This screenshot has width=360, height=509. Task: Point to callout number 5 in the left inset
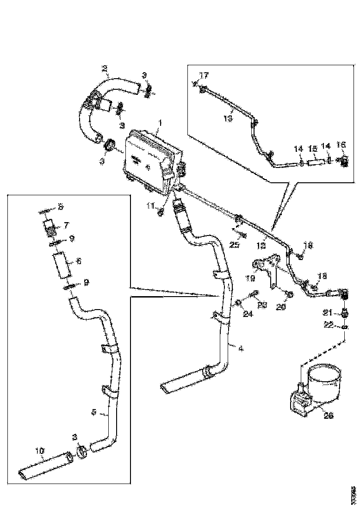click(x=94, y=411)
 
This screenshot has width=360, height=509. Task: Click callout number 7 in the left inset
click(x=66, y=225)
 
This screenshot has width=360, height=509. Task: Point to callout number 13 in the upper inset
click(x=228, y=118)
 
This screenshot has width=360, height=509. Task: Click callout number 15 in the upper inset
click(x=313, y=149)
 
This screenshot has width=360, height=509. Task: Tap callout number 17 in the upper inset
click(x=204, y=74)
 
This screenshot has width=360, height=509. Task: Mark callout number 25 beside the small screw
click(x=234, y=244)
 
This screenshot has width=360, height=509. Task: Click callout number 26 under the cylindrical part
click(x=328, y=416)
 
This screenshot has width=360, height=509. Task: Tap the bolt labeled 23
click(x=253, y=294)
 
